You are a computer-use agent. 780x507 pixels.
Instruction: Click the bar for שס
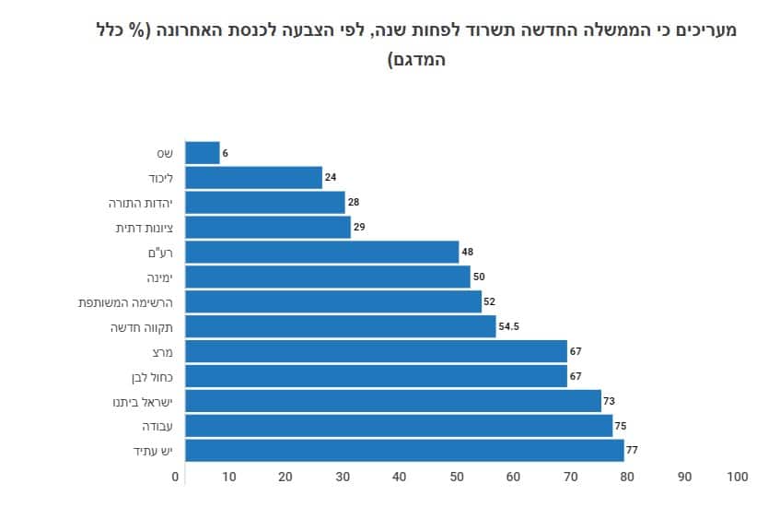point(203,153)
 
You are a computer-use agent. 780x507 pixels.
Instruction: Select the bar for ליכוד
point(254,178)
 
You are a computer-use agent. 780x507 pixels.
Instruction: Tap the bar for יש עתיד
point(405,451)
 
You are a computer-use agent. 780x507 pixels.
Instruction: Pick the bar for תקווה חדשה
point(341,326)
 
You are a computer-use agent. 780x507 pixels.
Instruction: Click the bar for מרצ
point(377,351)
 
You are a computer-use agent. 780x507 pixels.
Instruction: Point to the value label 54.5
point(511,326)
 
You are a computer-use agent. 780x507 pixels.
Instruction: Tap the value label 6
point(226,153)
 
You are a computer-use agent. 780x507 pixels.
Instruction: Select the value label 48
point(468,252)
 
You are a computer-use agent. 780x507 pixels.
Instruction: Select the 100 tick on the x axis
point(737,477)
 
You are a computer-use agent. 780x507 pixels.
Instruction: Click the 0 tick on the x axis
point(176,477)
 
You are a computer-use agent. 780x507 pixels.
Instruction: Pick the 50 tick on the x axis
point(456,477)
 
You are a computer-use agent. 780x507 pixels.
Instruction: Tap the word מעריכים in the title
point(703,29)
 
